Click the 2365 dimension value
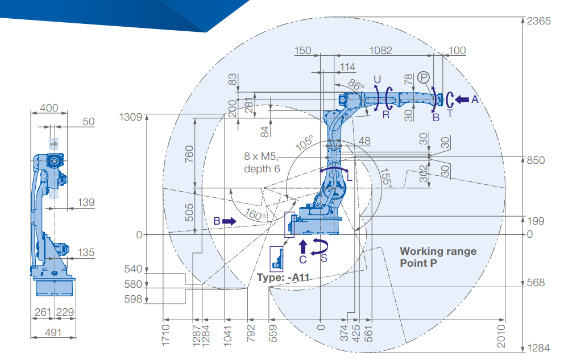538,21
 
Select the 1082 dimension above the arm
380,51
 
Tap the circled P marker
424,77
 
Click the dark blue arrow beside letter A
462,100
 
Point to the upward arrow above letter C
303,246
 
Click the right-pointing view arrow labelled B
229,221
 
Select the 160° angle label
255,214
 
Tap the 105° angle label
305,143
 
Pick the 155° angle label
386,177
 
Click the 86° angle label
356,85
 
